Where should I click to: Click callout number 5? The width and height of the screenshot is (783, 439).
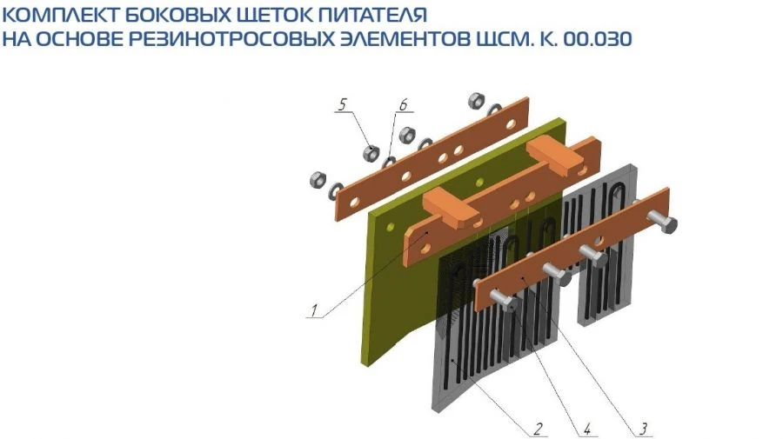343,104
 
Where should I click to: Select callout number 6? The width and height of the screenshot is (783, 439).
403,104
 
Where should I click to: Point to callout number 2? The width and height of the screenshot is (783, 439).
539,428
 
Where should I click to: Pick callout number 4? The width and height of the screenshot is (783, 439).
587,428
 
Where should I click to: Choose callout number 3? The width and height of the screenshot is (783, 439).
642,428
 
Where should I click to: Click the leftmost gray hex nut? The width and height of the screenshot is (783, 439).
316,181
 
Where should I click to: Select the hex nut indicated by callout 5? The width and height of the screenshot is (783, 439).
371,153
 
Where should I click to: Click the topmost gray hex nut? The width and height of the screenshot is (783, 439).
476,99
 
